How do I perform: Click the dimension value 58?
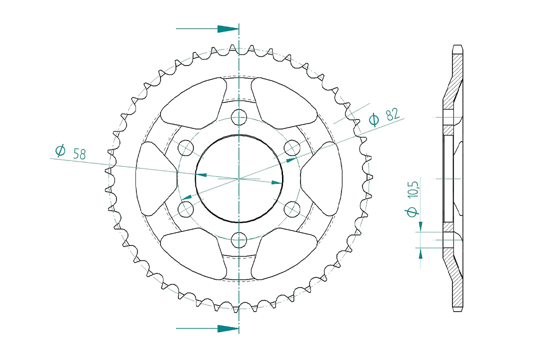click(79, 153)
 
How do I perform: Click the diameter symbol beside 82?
click(374, 119)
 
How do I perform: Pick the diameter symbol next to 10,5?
click(412, 212)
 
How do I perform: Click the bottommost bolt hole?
click(239, 240)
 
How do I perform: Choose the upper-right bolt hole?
click(292, 147)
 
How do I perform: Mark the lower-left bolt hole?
click(186, 209)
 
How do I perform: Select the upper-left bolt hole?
click(186, 147)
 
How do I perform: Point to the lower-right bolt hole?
click(292, 209)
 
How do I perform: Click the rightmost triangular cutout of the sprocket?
click(322, 178)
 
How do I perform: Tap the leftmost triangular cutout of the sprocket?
click(155, 178)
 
